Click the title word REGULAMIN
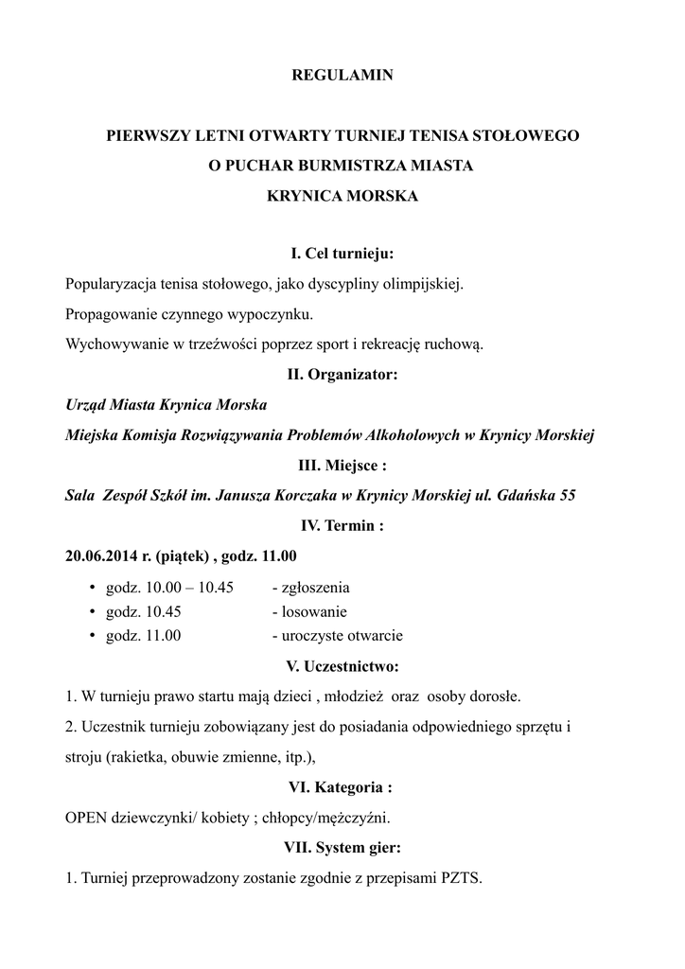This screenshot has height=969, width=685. click(342, 75)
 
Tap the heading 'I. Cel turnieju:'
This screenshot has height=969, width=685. click(342, 254)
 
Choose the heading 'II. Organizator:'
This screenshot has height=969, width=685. click(342, 375)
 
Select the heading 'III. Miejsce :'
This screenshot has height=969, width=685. click(342, 466)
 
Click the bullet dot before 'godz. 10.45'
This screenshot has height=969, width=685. click(93, 611)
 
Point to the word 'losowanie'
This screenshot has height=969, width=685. click(309, 611)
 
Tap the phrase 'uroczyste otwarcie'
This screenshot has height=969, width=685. click(338, 636)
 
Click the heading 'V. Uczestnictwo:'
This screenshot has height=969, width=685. click(342, 666)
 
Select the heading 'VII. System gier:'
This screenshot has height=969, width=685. click(342, 847)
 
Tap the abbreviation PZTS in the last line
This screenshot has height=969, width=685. click(461, 877)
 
